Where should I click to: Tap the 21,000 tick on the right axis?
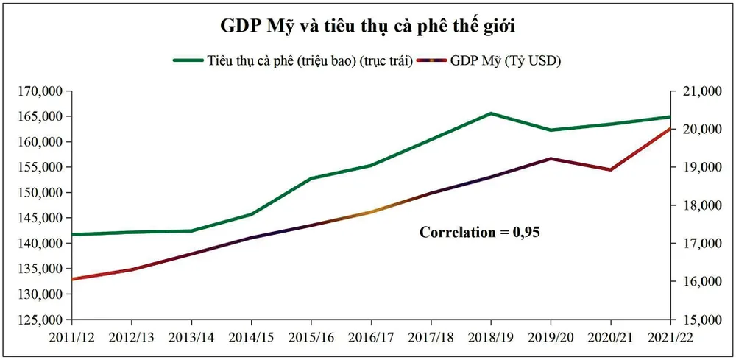tap(696, 91)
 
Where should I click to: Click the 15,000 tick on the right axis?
tap(696, 320)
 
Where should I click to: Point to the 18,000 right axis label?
tap(696, 205)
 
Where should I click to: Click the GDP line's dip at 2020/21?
tap(610, 170)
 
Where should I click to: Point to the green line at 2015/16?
tap(311, 178)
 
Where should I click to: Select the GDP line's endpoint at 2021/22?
tap(670, 128)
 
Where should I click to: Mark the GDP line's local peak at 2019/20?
tap(551, 158)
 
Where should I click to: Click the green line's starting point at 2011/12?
tap(72, 235)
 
